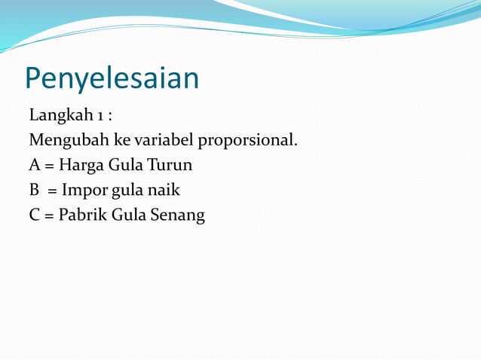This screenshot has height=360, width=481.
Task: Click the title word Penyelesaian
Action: [x=112, y=78]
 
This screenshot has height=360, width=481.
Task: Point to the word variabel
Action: [x=163, y=140]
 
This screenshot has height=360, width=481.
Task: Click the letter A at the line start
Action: [x=35, y=165]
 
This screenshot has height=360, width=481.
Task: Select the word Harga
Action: [x=81, y=166]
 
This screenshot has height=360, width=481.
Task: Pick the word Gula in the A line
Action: [x=125, y=165]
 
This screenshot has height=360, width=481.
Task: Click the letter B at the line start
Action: [x=34, y=190]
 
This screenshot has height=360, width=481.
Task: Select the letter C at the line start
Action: [x=35, y=215]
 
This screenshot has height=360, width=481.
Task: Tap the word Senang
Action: [x=178, y=215]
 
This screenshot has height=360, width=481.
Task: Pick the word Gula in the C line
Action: [x=128, y=215]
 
